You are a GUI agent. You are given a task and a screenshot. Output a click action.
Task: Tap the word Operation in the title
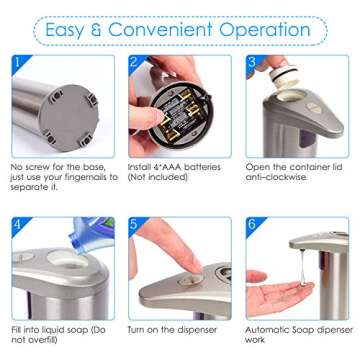[x=267, y=29]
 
